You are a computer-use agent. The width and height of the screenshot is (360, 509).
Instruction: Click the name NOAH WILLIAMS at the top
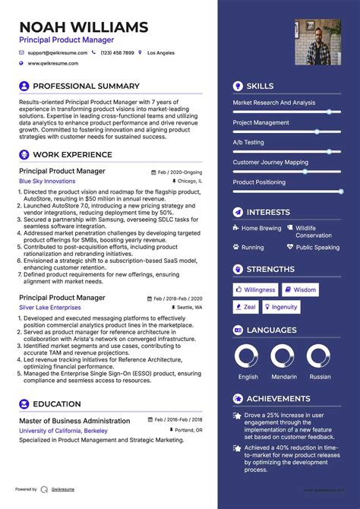click(84, 27)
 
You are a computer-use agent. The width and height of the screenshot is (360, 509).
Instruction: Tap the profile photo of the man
click(317, 42)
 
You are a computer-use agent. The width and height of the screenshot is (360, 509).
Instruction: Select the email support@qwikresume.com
click(58, 53)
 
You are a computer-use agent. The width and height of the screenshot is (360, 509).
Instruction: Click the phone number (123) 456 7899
click(117, 53)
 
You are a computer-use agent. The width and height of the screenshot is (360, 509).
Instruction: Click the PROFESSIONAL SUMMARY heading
click(86, 87)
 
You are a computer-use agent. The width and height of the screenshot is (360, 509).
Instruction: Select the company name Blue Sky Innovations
click(47, 182)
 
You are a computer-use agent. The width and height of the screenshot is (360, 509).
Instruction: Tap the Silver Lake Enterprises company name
click(50, 307)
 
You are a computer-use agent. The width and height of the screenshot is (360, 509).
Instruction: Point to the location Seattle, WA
click(188, 307)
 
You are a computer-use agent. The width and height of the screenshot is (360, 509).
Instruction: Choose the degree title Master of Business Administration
click(74, 421)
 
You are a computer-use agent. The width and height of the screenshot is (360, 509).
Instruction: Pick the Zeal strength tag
click(246, 307)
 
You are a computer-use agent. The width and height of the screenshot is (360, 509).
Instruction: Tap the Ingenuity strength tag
click(281, 307)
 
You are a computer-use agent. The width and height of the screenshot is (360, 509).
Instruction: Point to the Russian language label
click(320, 377)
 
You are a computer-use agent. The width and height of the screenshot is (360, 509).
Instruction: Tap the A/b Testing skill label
click(248, 142)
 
